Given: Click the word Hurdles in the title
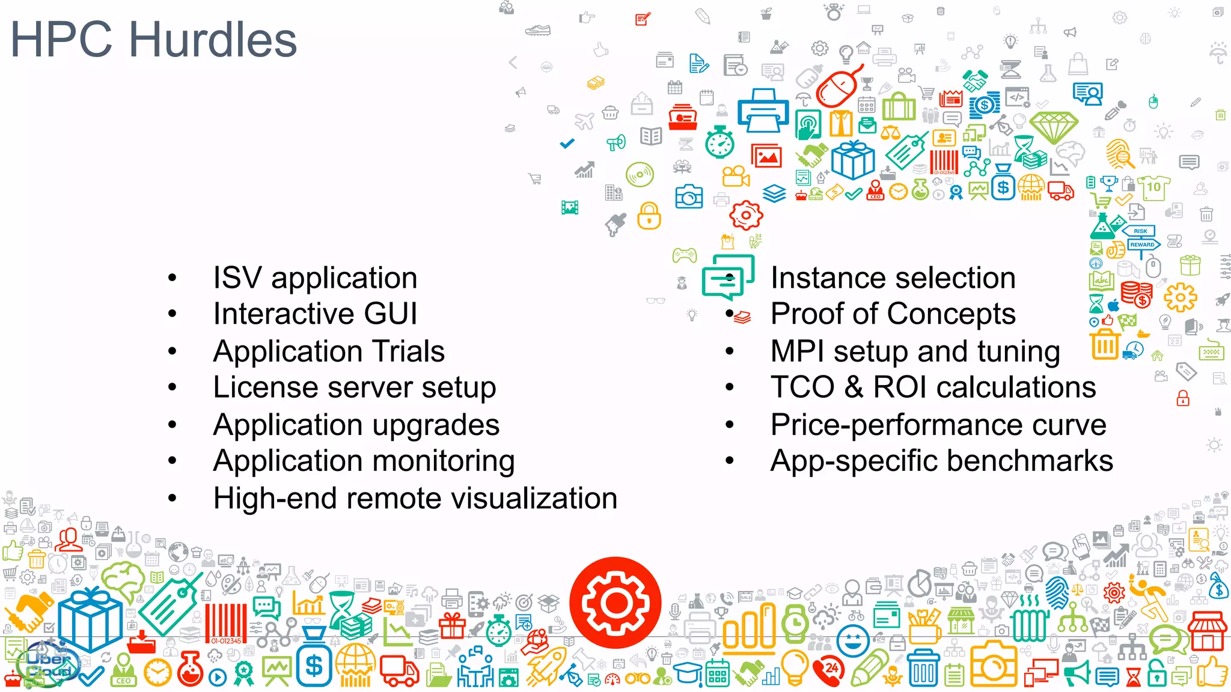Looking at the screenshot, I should coord(213,40).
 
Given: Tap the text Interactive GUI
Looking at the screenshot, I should coord(315,314).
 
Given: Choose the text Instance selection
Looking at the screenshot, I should coord(893,278).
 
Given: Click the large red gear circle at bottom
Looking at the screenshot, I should coord(615,602).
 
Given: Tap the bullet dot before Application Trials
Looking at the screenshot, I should coord(173,351).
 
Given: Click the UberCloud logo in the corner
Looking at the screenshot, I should coord(48,664).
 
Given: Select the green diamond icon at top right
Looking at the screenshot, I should coord(1053,126).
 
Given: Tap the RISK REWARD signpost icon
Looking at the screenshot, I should coord(1141,238).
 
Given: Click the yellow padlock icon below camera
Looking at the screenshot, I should coord(649,216).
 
